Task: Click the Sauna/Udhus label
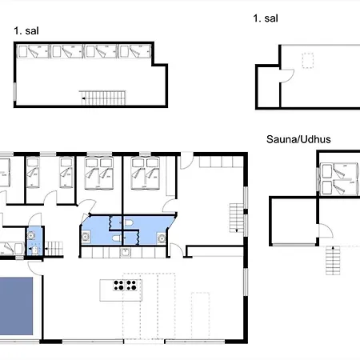[298, 139]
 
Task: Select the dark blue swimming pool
[16, 306]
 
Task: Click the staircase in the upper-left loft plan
[103, 98]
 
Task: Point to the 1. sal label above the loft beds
[26, 31]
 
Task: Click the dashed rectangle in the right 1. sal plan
[308, 61]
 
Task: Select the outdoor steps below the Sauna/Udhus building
[333, 260]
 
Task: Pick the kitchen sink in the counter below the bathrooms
[125, 252]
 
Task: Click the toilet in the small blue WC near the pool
[34, 250]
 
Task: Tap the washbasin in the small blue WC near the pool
[31, 236]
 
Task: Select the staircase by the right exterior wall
[237, 218]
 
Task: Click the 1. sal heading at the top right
[266, 18]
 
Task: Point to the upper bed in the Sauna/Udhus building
[338, 170]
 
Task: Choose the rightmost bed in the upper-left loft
[135, 51]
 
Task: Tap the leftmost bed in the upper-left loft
[33, 51]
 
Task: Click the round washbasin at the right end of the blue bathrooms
[162, 238]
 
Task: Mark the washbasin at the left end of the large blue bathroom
[86, 237]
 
